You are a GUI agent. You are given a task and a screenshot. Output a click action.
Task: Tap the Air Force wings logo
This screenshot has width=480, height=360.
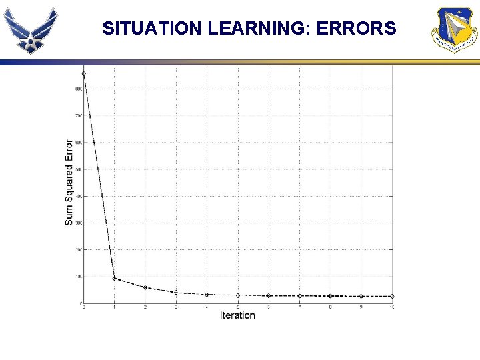[30, 30]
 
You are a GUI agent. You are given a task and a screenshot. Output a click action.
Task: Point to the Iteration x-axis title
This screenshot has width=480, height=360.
[237, 315]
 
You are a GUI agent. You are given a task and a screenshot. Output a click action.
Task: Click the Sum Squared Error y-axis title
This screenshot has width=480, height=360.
[69, 182]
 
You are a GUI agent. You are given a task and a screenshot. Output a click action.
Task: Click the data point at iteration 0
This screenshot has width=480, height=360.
[83, 73]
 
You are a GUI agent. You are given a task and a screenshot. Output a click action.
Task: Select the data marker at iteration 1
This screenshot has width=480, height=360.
[114, 279]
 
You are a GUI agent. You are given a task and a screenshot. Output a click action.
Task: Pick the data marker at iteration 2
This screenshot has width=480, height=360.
[145, 287]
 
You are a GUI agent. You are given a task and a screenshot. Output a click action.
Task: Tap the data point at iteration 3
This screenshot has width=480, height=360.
[176, 292]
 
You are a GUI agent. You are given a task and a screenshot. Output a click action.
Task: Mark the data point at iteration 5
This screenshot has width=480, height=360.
[238, 295]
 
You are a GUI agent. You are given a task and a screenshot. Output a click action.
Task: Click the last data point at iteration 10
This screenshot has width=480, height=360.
[392, 296]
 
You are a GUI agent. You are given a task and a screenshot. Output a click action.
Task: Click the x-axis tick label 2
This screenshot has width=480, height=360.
[145, 307]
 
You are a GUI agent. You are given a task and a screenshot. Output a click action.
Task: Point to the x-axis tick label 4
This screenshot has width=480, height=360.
[207, 307]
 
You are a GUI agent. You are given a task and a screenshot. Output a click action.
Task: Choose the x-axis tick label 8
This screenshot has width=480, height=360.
[330, 307]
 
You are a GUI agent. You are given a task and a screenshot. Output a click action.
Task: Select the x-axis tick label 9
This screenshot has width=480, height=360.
[361, 307]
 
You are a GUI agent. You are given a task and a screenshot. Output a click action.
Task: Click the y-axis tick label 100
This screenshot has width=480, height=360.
[78, 277]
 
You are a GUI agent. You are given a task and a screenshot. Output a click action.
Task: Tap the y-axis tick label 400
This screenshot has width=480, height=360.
[78, 196]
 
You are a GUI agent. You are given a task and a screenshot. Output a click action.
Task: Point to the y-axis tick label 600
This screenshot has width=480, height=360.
[78, 143]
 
